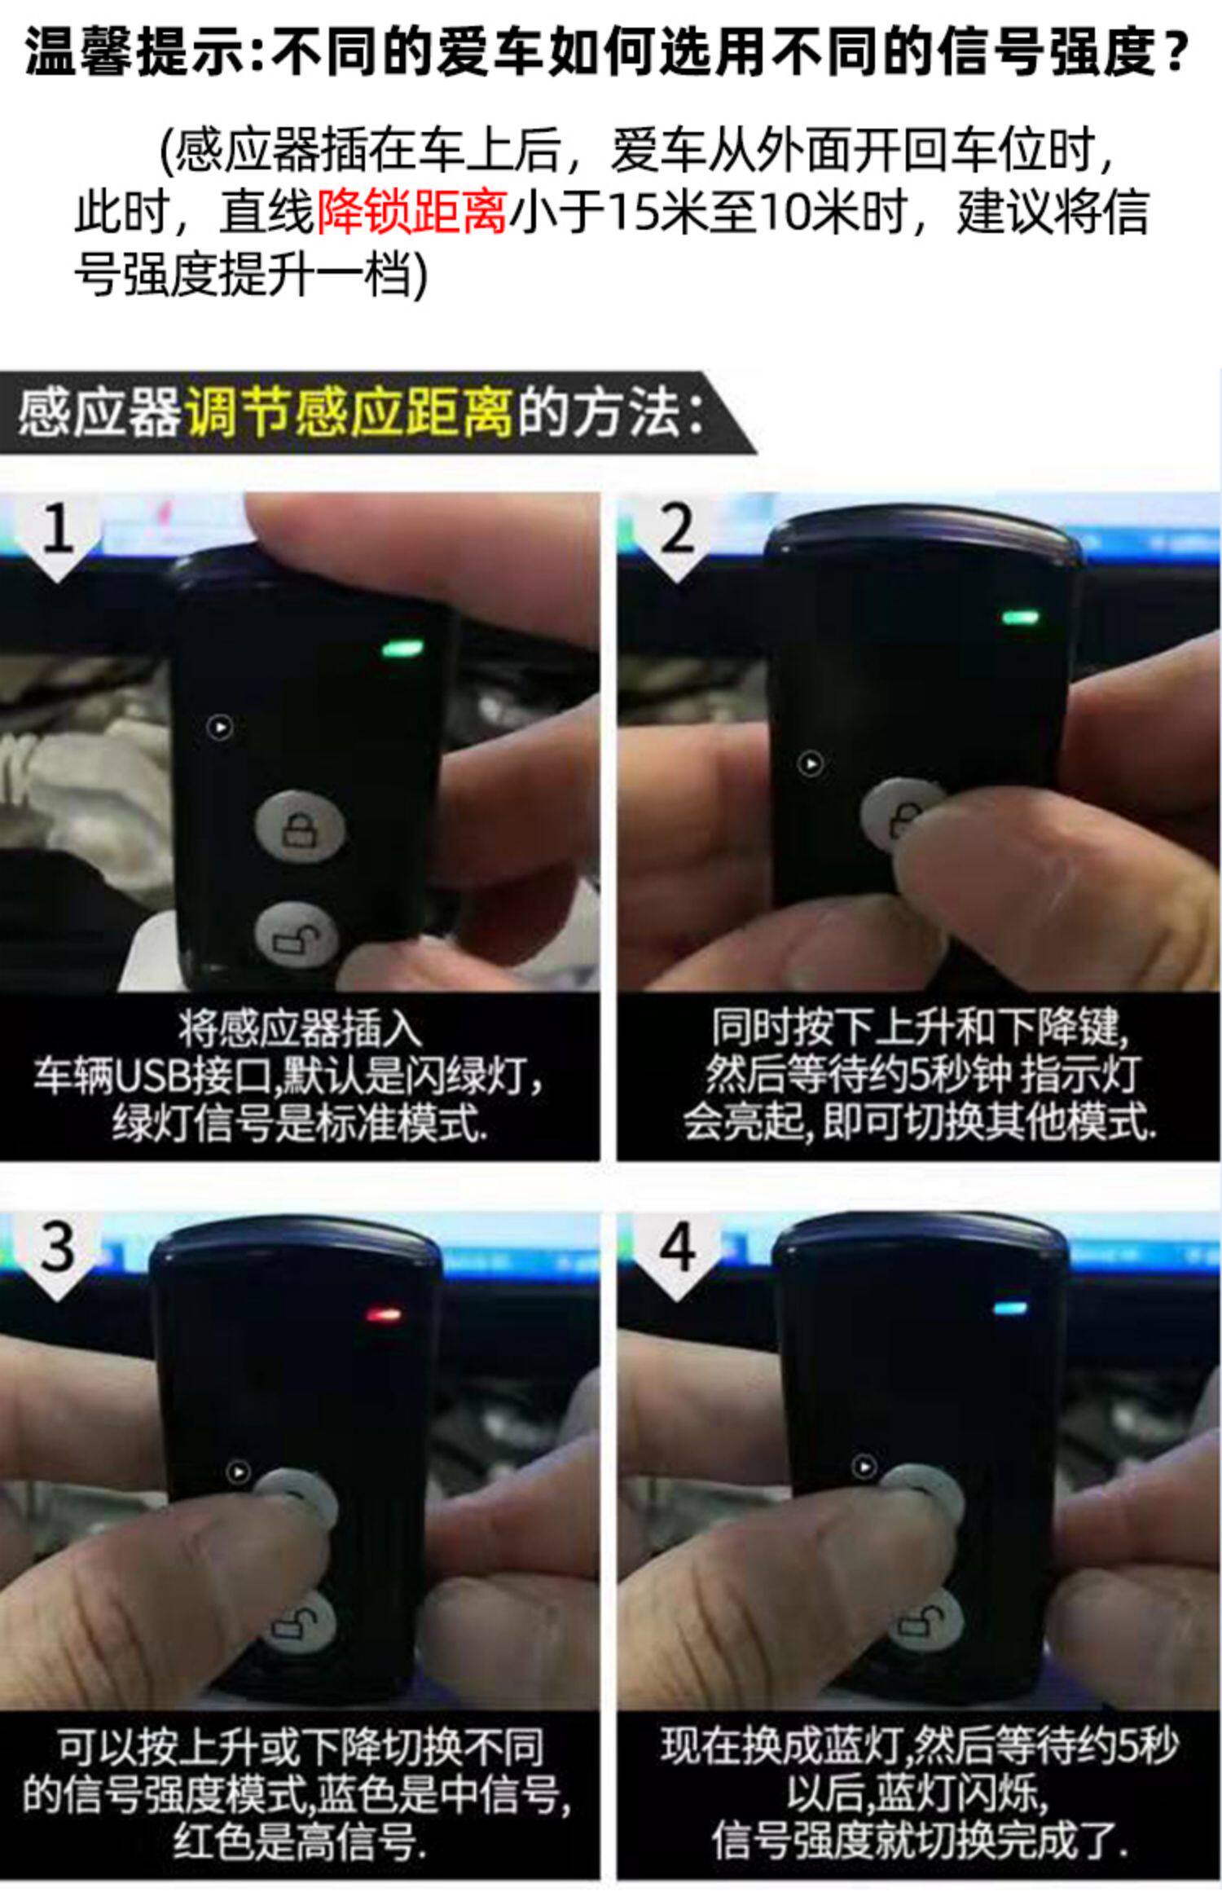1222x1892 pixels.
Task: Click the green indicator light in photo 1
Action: (x=402, y=649)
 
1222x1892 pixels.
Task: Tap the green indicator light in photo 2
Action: (x=1020, y=617)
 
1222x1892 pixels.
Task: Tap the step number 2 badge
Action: (x=678, y=534)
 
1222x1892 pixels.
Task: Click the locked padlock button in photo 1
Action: (x=301, y=829)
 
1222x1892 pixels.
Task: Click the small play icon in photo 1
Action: (x=219, y=727)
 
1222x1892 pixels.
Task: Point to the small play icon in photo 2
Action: (x=810, y=764)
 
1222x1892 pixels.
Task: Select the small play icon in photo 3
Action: (x=237, y=1472)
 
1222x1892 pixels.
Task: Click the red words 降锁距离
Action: (x=411, y=213)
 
